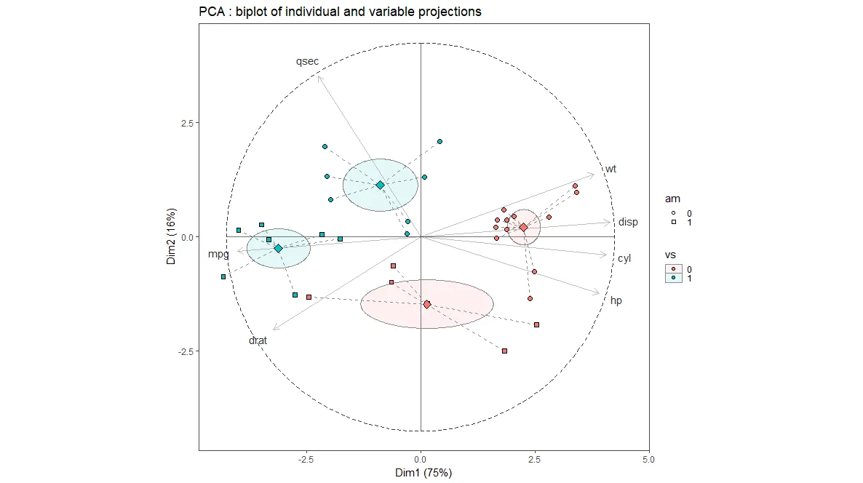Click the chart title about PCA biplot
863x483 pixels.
340,12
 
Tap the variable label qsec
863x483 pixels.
307,62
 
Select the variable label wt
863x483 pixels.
611,169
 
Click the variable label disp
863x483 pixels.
628,222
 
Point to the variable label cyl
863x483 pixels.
624,258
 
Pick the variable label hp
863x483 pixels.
616,300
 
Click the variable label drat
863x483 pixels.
258,340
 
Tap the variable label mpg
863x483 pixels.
218,254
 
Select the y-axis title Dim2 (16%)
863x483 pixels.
171,236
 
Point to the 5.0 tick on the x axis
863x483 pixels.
649,460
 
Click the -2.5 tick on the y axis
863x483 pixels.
186,351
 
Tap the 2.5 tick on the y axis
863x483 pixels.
187,122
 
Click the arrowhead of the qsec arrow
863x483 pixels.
319,76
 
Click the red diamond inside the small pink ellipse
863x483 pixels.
523,228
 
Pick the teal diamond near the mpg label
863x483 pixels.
278,248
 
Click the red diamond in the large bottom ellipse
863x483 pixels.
427,304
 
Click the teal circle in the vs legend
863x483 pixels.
674,278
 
